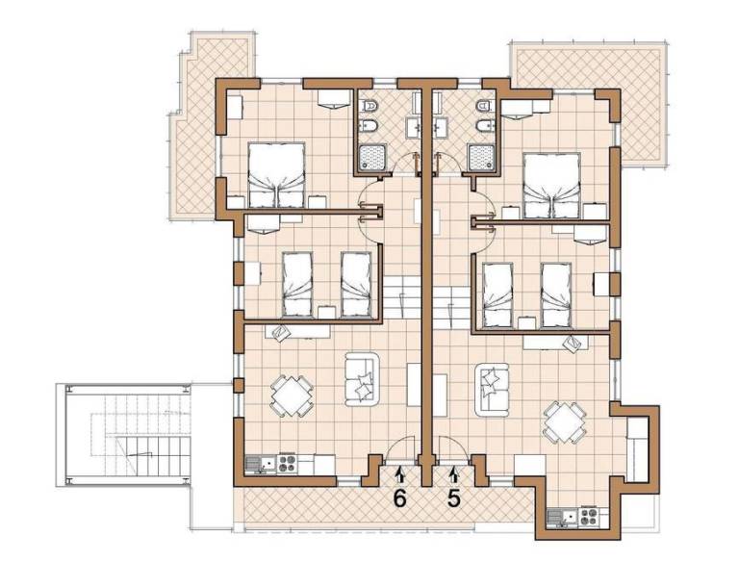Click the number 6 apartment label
tap(399, 499)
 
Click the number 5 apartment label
tap(453, 499)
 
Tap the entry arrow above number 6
tap(400, 473)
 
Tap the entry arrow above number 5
tap(454, 473)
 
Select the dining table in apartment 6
tap(292, 396)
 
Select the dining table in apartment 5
tap(565, 421)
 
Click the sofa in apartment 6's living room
tap(362, 379)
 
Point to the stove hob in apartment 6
tap(287, 464)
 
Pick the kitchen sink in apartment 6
tap(261, 465)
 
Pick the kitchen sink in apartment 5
tap(564, 516)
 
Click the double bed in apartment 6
tap(276, 175)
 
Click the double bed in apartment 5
tap(551, 186)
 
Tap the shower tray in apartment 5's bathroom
tap(481, 158)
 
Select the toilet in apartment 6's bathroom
tap(369, 107)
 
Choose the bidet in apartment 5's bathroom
tap(485, 126)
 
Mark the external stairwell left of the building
tap(123, 435)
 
